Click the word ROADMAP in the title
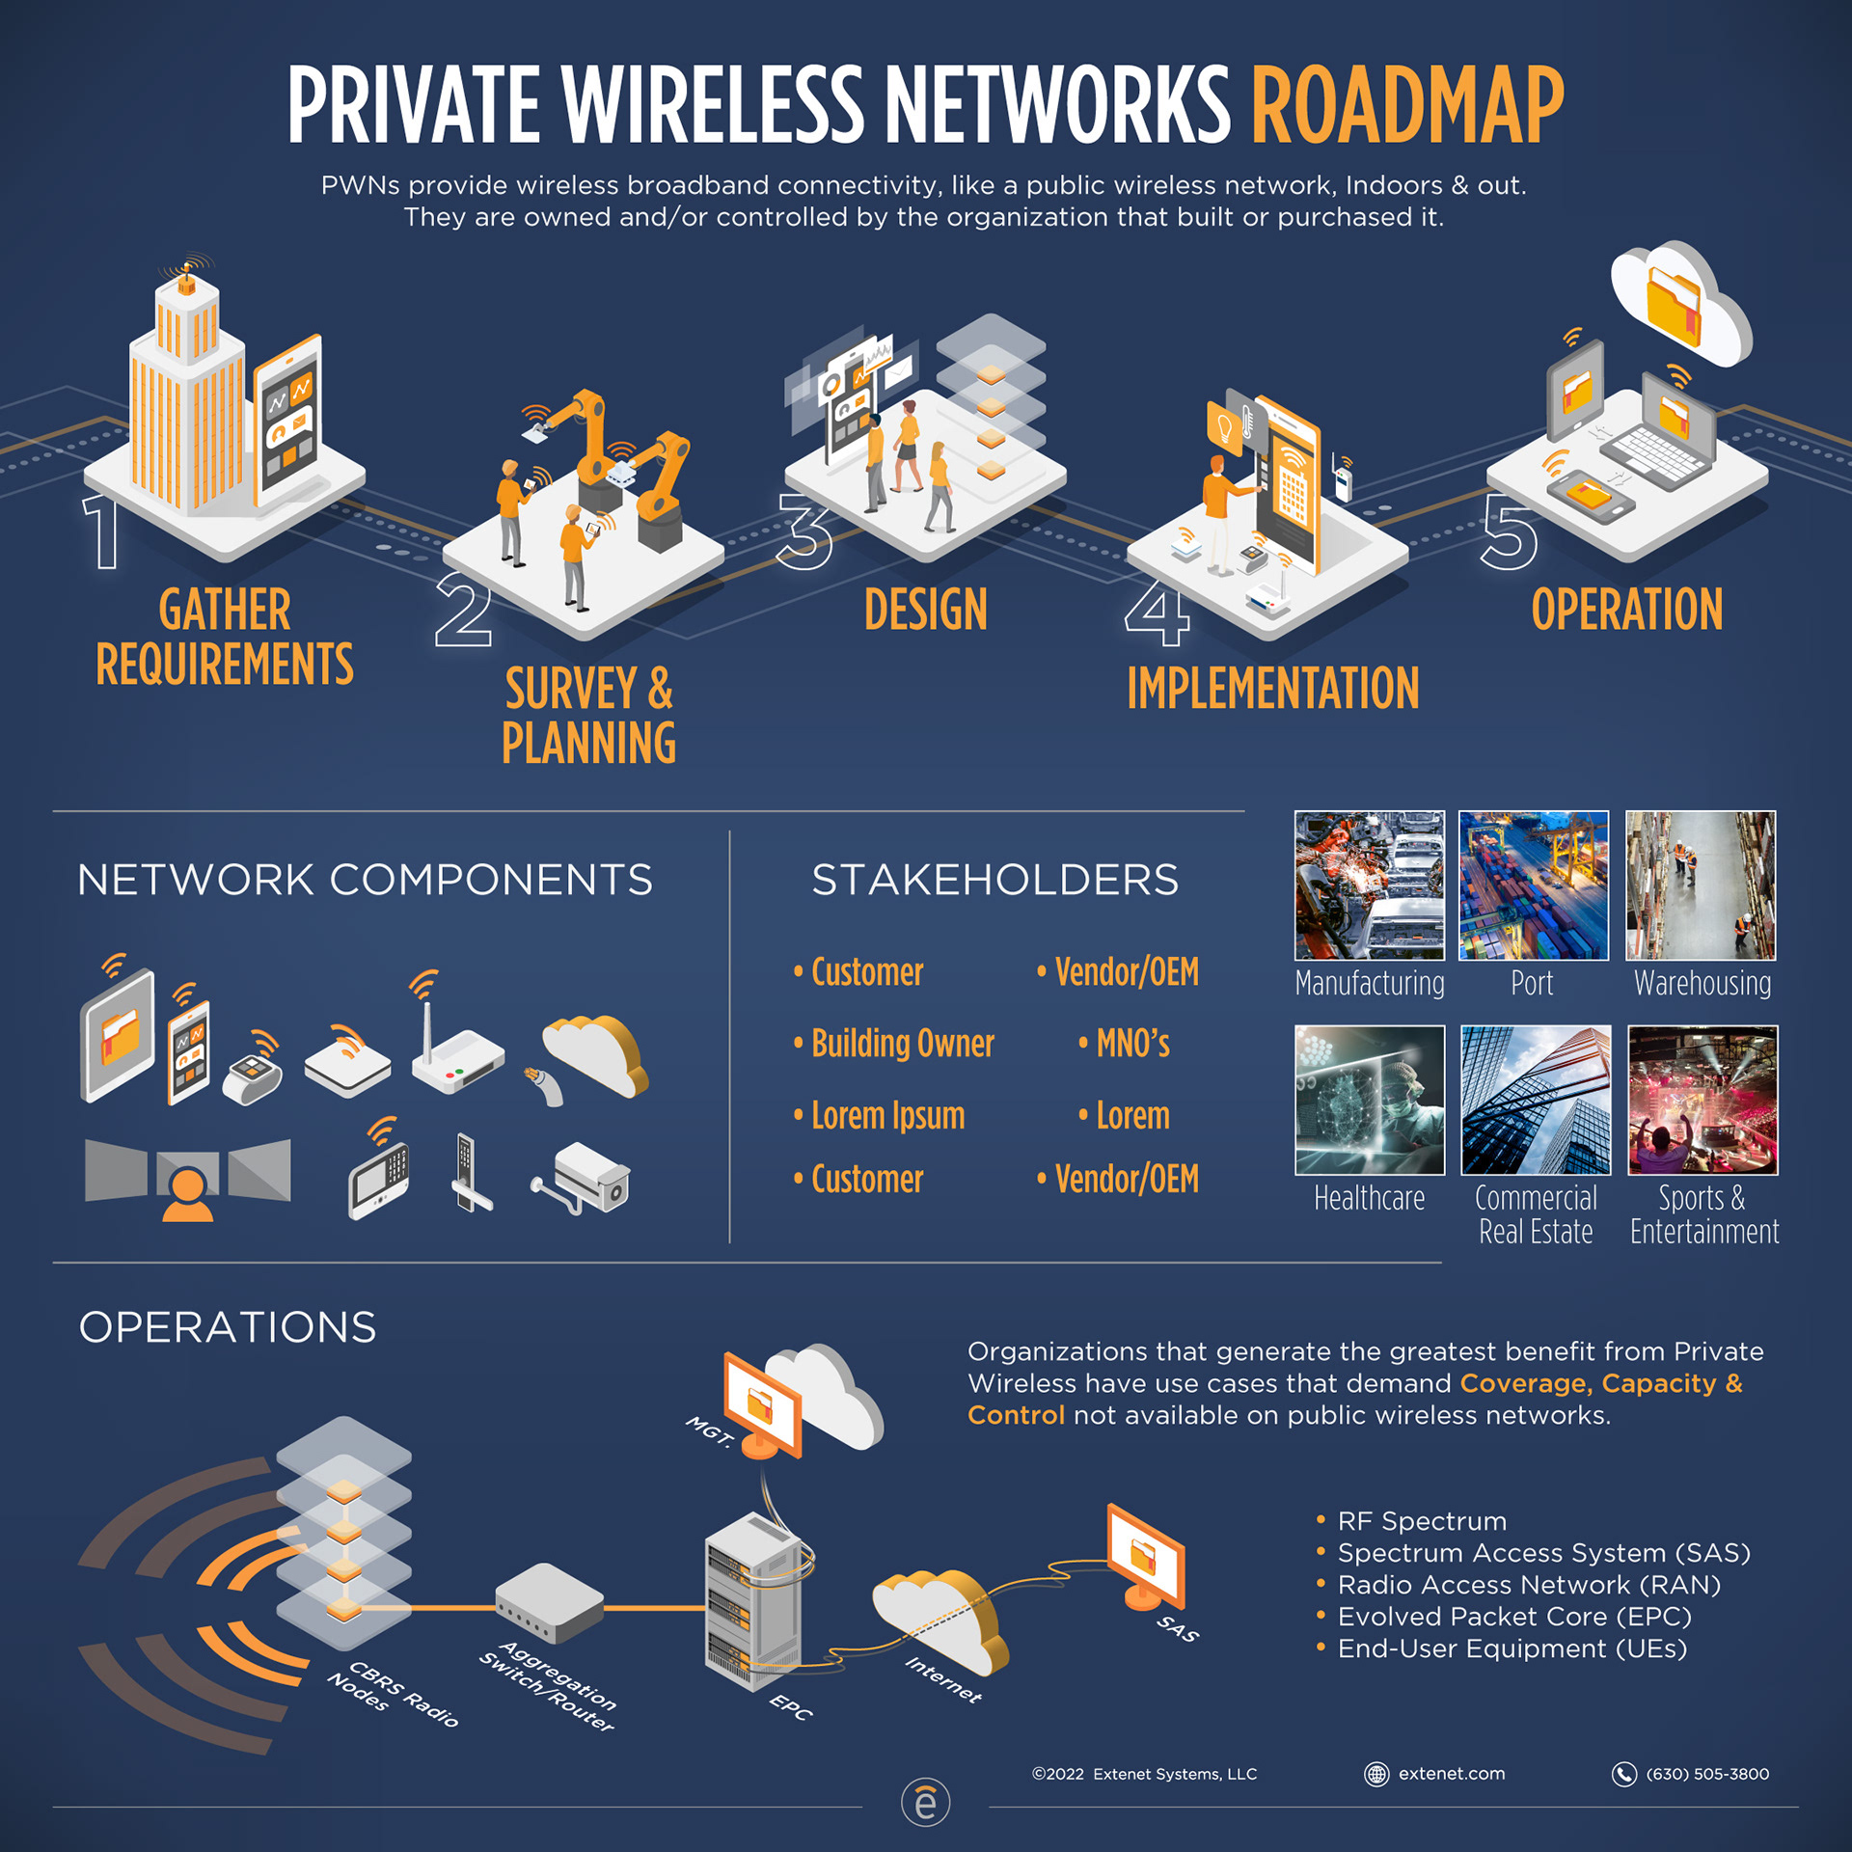(1406, 105)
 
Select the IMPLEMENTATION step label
(1272, 689)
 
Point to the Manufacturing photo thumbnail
(1369, 885)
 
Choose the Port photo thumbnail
(1533, 885)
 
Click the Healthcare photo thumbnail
(1369, 1100)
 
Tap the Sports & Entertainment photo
(1702, 1100)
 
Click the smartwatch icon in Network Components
(252, 1072)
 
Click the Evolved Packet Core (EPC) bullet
(1513, 1617)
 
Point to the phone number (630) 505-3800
(1706, 1774)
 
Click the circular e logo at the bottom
(925, 1802)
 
